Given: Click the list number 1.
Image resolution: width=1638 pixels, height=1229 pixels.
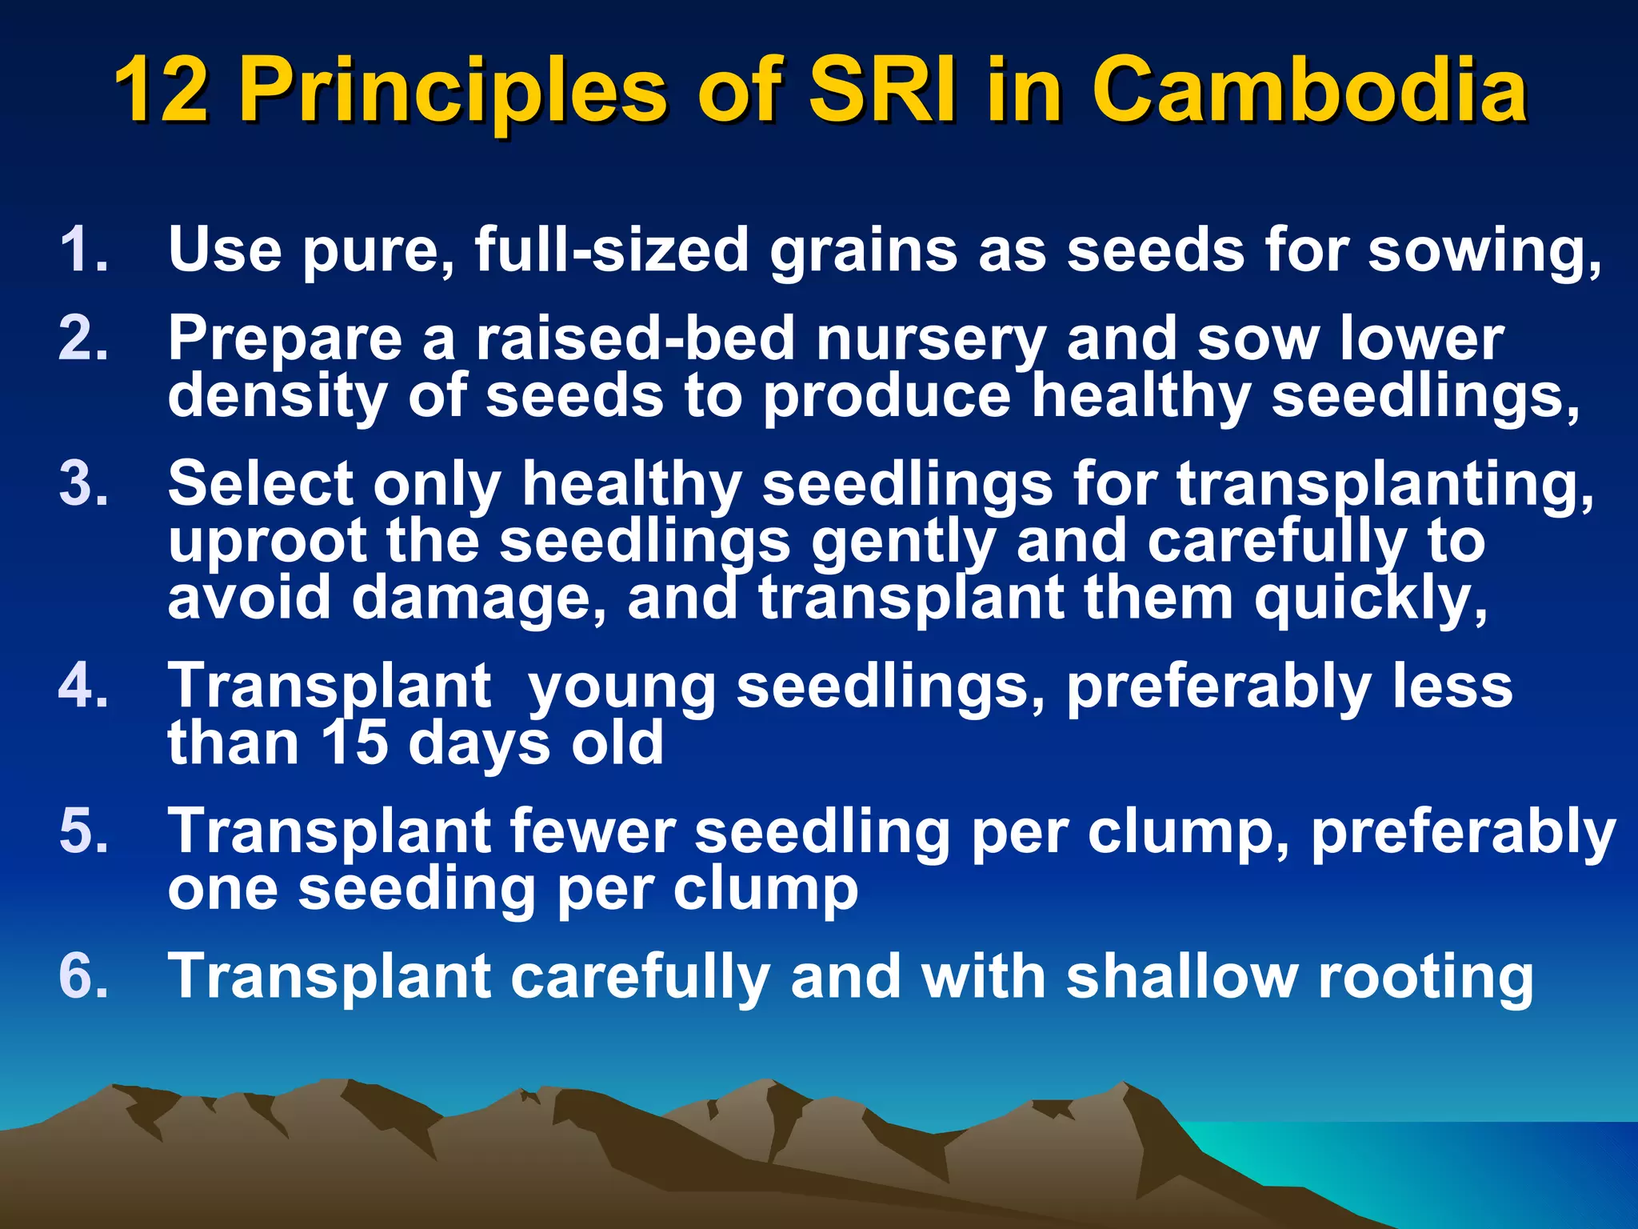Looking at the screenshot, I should [x=83, y=250].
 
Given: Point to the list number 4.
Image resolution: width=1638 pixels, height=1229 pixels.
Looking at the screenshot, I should [x=83, y=686].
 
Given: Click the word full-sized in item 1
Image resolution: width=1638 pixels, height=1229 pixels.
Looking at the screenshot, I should [x=611, y=250].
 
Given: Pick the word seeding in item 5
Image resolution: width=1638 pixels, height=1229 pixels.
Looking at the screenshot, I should [x=416, y=890].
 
